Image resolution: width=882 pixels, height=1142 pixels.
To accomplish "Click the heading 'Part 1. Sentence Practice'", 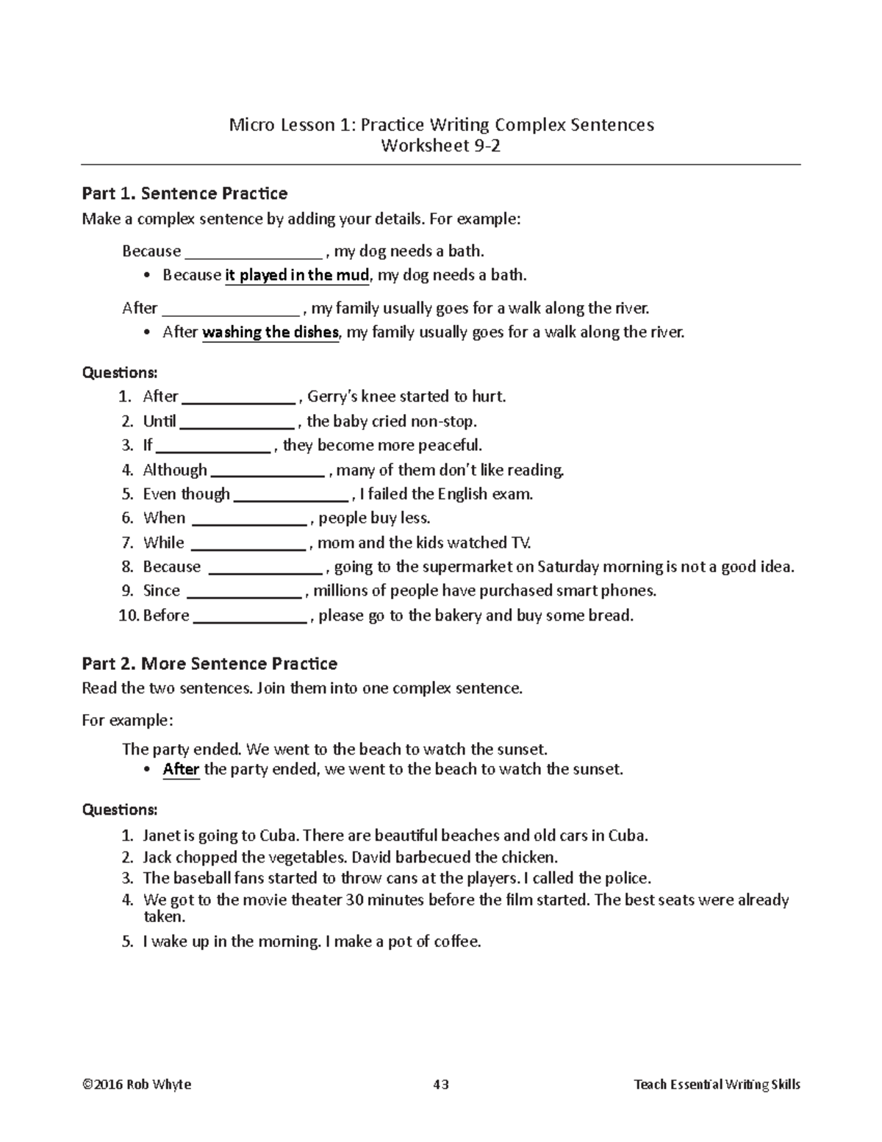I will click(184, 193).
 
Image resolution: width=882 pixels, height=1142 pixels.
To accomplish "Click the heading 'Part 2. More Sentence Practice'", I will click(209, 664).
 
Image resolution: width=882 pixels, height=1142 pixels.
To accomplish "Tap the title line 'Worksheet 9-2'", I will click(440, 146).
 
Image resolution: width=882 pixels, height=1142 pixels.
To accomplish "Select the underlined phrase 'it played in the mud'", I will click(297, 276).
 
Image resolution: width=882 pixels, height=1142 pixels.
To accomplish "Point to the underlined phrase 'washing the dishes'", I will click(270, 332).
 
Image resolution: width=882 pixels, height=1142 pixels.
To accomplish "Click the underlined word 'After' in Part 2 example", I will click(181, 770).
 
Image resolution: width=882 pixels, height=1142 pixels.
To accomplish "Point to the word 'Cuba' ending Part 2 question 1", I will click(628, 836).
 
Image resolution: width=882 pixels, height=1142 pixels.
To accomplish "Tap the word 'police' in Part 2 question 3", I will click(627, 879).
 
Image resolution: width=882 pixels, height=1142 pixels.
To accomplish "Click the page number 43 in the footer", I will click(441, 1085).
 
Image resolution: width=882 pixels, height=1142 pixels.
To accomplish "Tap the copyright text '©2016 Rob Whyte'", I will click(137, 1085).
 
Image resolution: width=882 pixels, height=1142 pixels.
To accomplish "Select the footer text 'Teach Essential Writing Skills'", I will click(717, 1085).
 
